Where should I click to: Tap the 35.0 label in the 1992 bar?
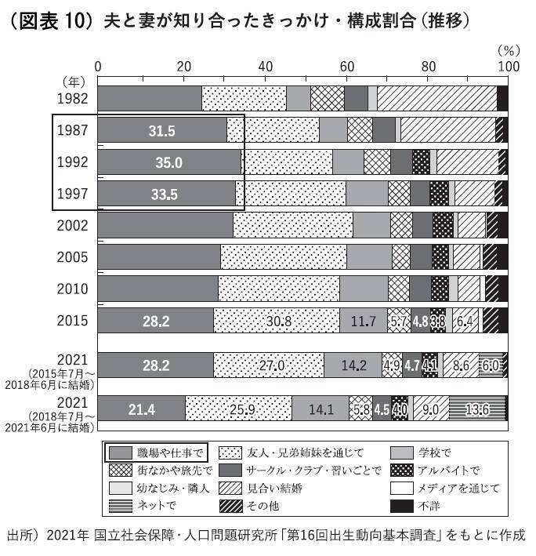pos(166,162)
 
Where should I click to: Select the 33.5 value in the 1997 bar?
pos(163,194)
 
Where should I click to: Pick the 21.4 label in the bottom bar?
pos(142,409)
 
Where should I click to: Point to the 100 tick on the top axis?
pos(508,67)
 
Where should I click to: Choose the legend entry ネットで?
pos(156,506)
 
